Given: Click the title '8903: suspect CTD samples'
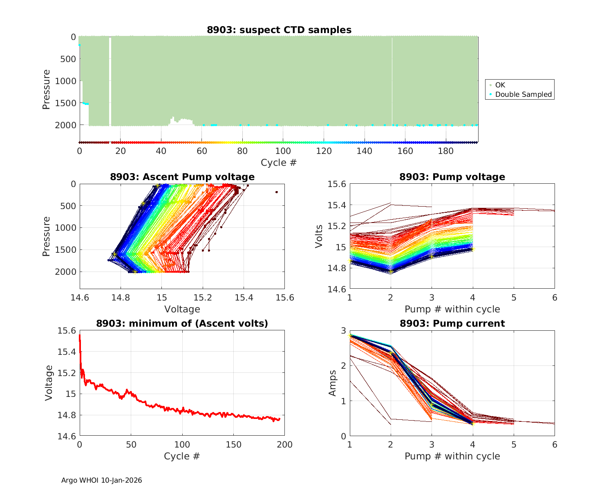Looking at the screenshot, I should [x=279, y=30].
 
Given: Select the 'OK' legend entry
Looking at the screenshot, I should [x=500, y=85].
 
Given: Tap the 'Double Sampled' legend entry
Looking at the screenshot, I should [x=523, y=94].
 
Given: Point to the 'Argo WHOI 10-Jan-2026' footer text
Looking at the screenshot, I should [x=101, y=480].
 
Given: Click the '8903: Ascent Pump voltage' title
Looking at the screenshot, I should [x=182, y=177].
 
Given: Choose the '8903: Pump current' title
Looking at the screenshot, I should [x=452, y=323].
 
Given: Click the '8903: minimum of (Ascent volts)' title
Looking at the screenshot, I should [x=182, y=323].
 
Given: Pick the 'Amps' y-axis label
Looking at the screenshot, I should [x=333, y=383].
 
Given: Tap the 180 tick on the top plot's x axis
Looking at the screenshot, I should [x=445, y=151].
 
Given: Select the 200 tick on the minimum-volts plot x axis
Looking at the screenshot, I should [x=284, y=444].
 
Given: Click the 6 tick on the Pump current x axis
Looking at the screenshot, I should [x=555, y=444].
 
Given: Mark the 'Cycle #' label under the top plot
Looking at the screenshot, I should [x=279, y=163].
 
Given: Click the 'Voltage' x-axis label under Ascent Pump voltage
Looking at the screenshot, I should [x=182, y=309].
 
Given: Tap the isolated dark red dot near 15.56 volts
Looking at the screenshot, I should [x=277, y=192].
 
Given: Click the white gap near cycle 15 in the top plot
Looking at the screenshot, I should [x=110, y=82].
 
